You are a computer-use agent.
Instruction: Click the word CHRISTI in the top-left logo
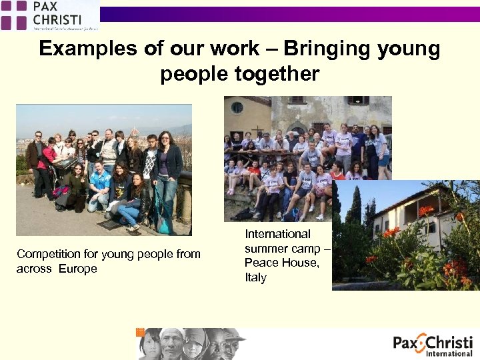57,18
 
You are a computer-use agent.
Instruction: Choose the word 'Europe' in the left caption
77,269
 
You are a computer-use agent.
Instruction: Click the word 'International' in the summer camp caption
277,234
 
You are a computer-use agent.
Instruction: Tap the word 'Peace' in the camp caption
261,263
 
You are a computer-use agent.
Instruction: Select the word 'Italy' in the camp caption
255,277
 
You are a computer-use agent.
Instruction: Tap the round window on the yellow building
237,107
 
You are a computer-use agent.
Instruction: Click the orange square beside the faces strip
140,332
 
